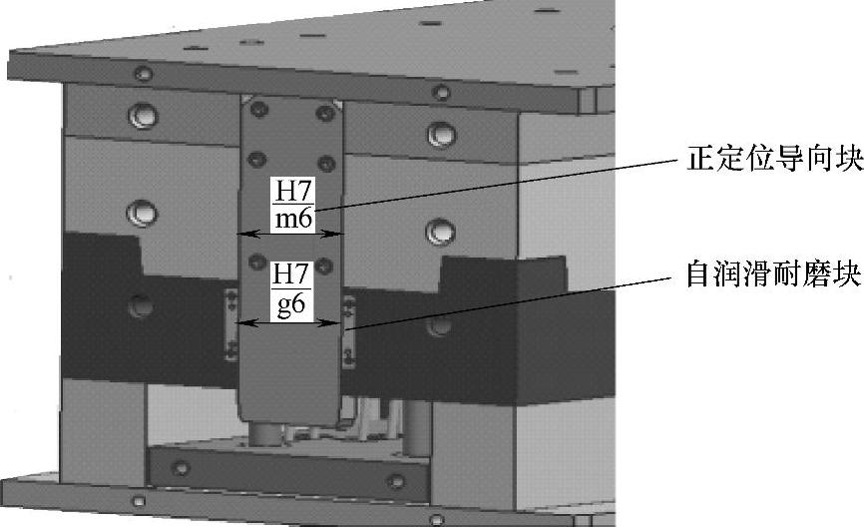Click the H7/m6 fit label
pyautogui.click(x=293, y=205)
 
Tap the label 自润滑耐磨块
pyautogui.click(x=773, y=272)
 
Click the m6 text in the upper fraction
pyautogui.click(x=293, y=219)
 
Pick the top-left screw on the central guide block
pyautogui.click(x=258, y=109)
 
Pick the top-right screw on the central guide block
pyautogui.click(x=325, y=113)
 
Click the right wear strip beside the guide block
pyautogui.click(x=348, y=331)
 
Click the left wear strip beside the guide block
pyautogui.click(x=231, y=324)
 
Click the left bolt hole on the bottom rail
pyautogui.click(x=181, y=468)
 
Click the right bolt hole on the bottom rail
pyautogui.click(x=396, y=481)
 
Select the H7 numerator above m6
pyautogui.click(x=293, y=191)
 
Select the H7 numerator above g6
pyautogui.click(x=291, y=274)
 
